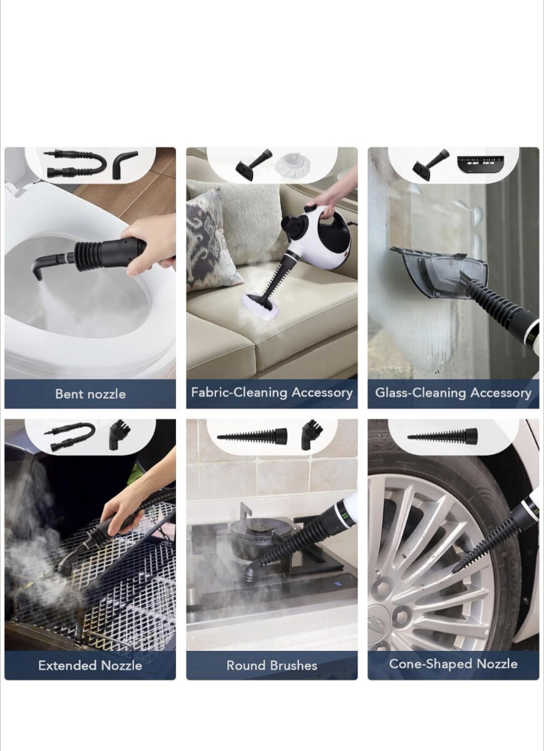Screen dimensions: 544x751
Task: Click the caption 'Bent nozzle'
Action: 90,394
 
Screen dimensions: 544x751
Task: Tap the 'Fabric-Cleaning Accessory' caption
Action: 272,392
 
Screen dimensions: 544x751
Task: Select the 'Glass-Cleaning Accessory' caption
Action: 453,392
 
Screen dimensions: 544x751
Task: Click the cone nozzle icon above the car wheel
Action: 443,436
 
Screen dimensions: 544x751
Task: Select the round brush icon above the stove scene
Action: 312,435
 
